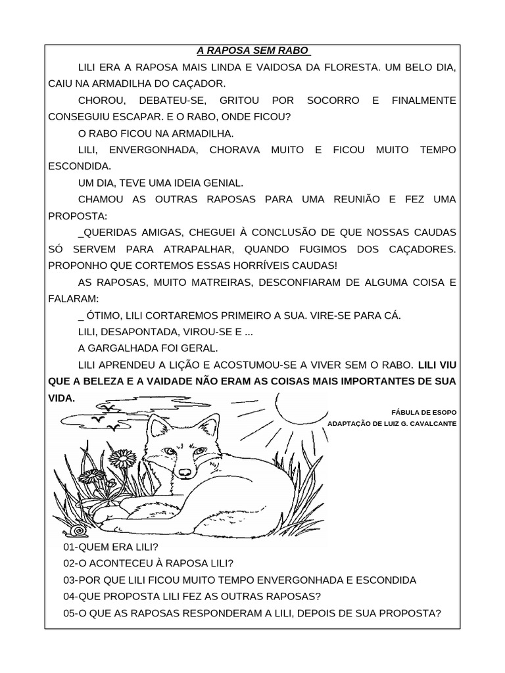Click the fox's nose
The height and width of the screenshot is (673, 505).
pyautogui.click(x=185, y=472)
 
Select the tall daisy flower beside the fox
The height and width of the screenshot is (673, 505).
pyautogui.click(x=122, y=457)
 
